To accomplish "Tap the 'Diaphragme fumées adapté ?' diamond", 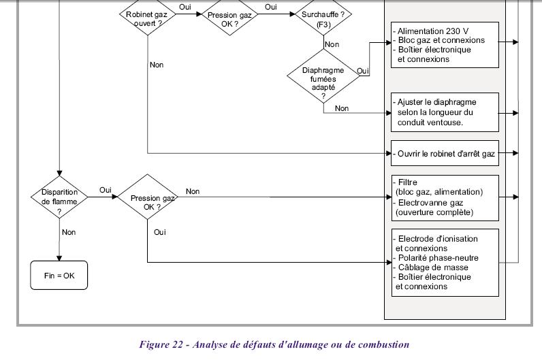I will (x=323, y=80).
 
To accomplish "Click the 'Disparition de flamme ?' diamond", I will (x=60, y=196).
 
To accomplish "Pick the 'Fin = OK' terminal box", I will (x=59, y=276).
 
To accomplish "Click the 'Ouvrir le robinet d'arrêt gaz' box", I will (x=445, y=154).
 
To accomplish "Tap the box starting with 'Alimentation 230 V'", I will (x=445, y=44).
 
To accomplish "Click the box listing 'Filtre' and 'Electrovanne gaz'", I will (x=445, y=197).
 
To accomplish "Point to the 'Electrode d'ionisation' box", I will (x=445, y=262).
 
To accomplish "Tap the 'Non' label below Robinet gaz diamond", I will (x=156, y=65).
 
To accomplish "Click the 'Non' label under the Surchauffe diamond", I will (x=332, y=44).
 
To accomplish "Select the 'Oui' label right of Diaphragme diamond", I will (x=363, y=71).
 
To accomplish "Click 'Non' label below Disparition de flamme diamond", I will (x=69, y=231).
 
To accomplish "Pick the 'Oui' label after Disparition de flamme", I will (x=106, y=190).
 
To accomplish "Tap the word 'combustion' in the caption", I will (x=383, y=344).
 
